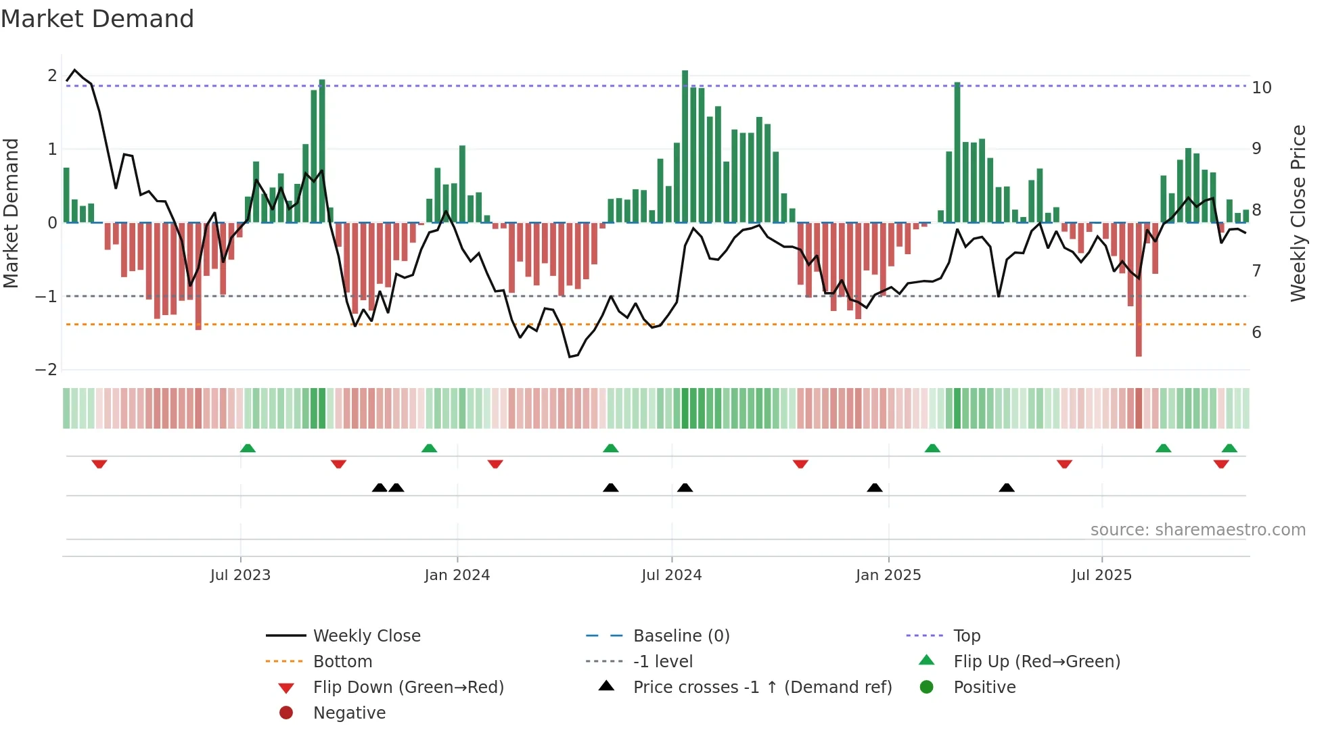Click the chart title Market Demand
97,19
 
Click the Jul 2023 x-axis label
240,575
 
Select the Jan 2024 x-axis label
457,575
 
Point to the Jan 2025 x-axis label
888,575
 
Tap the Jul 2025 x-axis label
1101,575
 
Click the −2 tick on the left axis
46,370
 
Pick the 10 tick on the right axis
1261,88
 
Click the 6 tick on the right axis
1256,333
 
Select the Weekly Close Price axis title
1298,213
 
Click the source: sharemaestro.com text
1197,530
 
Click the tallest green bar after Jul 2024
685,146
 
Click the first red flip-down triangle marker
99,464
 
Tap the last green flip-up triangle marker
1229,448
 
